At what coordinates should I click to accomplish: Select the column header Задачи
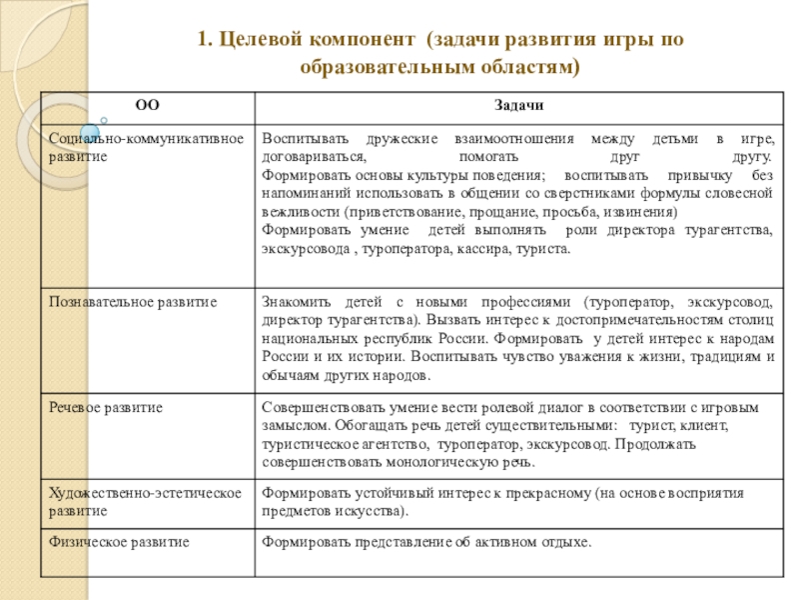tap(517, 106)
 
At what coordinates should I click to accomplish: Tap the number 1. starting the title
tap(204, 39)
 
